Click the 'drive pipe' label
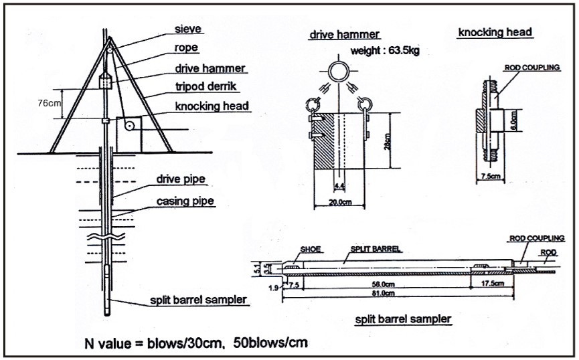click(x=181, y=179)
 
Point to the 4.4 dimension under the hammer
click(x=339, y=184)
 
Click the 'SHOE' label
click(x=310, y=250)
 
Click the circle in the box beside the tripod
click(x=129, y=126)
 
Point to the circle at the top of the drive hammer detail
click(x=339, y=71)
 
